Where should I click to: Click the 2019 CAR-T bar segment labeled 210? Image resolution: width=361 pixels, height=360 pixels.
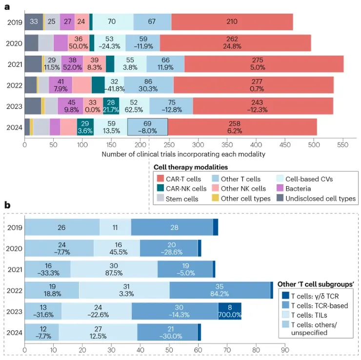click(x=232, y=22)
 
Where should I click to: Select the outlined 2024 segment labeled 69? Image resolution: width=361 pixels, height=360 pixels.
click(x=147, y=127)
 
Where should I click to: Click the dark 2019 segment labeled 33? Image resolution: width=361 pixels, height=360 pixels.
click(x=33, y=22)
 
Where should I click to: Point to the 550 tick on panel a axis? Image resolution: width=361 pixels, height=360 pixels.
click(x=342, y=145)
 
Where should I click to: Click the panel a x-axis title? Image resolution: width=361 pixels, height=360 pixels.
click(x=183, y=154)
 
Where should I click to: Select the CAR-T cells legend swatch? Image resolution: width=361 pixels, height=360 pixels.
click(x=160, y=179)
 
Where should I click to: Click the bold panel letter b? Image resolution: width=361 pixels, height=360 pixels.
click(x=7, y=205)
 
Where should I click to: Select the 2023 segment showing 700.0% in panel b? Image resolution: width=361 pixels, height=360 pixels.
click(x=230, y=311)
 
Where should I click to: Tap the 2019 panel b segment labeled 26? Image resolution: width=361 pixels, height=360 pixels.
click(x=62, y=228)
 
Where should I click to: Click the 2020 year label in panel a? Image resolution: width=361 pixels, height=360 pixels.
click(x=13, y=43)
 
